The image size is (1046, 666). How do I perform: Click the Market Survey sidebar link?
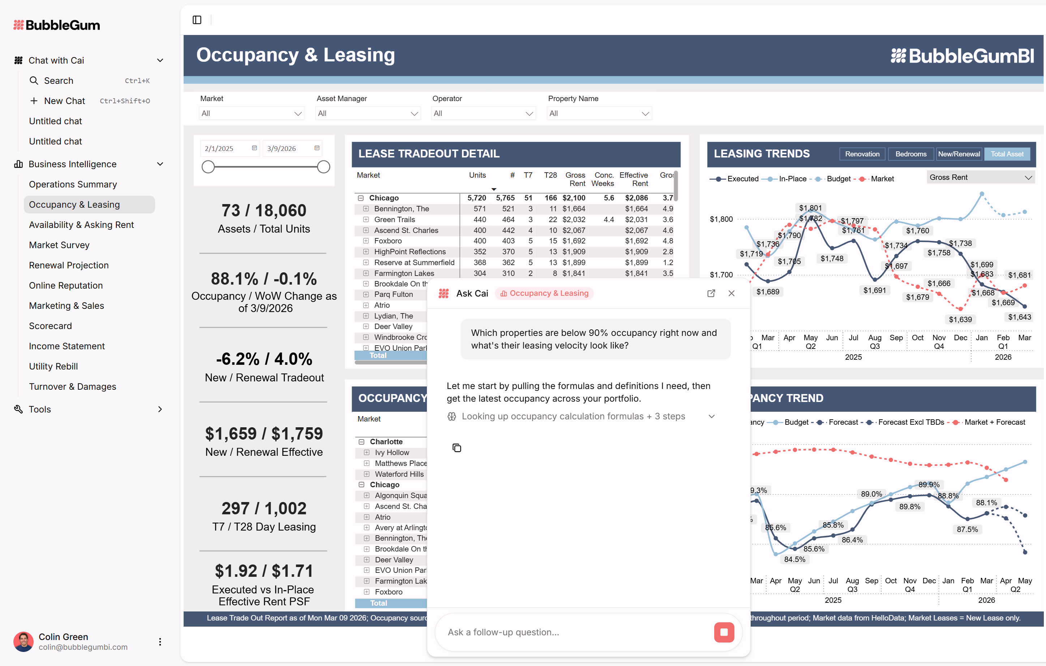point(59,245)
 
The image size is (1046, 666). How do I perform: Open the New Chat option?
point(64,101)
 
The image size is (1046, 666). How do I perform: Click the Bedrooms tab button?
point(910,154)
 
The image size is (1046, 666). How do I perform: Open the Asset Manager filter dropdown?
point(367,113)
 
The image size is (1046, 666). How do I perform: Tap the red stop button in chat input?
point(724,632)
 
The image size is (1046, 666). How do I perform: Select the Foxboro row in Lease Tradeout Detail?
point(388,241)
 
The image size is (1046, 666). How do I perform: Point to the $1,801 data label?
point(810,208)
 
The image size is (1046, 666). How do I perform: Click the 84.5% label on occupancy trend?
point(794,559)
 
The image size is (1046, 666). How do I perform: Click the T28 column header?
point(550,175)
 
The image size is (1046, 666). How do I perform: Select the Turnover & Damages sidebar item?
point(73,386)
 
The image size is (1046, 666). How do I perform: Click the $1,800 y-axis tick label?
point(721,219)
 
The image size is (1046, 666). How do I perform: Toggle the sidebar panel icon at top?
point(197,20)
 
